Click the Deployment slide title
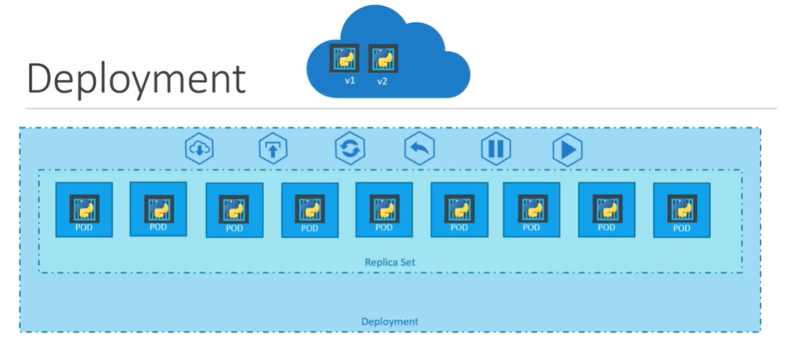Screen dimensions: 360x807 point(136,79)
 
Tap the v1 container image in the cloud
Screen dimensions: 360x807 point(344,58)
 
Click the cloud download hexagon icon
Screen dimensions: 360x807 point(199,148)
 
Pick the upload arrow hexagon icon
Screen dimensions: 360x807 point(273,148)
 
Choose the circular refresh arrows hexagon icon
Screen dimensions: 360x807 point(349,148)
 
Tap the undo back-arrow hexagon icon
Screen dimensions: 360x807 point(419,148)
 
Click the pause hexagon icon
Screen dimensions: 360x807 point(495,148)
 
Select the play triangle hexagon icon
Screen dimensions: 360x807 point(567,148)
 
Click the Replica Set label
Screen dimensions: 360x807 point(389,263)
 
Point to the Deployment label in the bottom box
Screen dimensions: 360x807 point(389,322)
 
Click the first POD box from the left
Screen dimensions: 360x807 point(84,210)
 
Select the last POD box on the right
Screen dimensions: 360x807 point(681,210)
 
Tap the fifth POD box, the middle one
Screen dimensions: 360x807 point(384,210)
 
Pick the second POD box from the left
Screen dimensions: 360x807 point(158,210)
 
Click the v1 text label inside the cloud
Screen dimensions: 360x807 point(349,80)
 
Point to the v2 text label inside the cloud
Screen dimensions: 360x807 point(382,81)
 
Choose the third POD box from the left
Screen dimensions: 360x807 point(234,210)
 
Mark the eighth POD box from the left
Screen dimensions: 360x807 point(606,210)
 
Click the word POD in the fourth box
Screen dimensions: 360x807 point(309,228)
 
